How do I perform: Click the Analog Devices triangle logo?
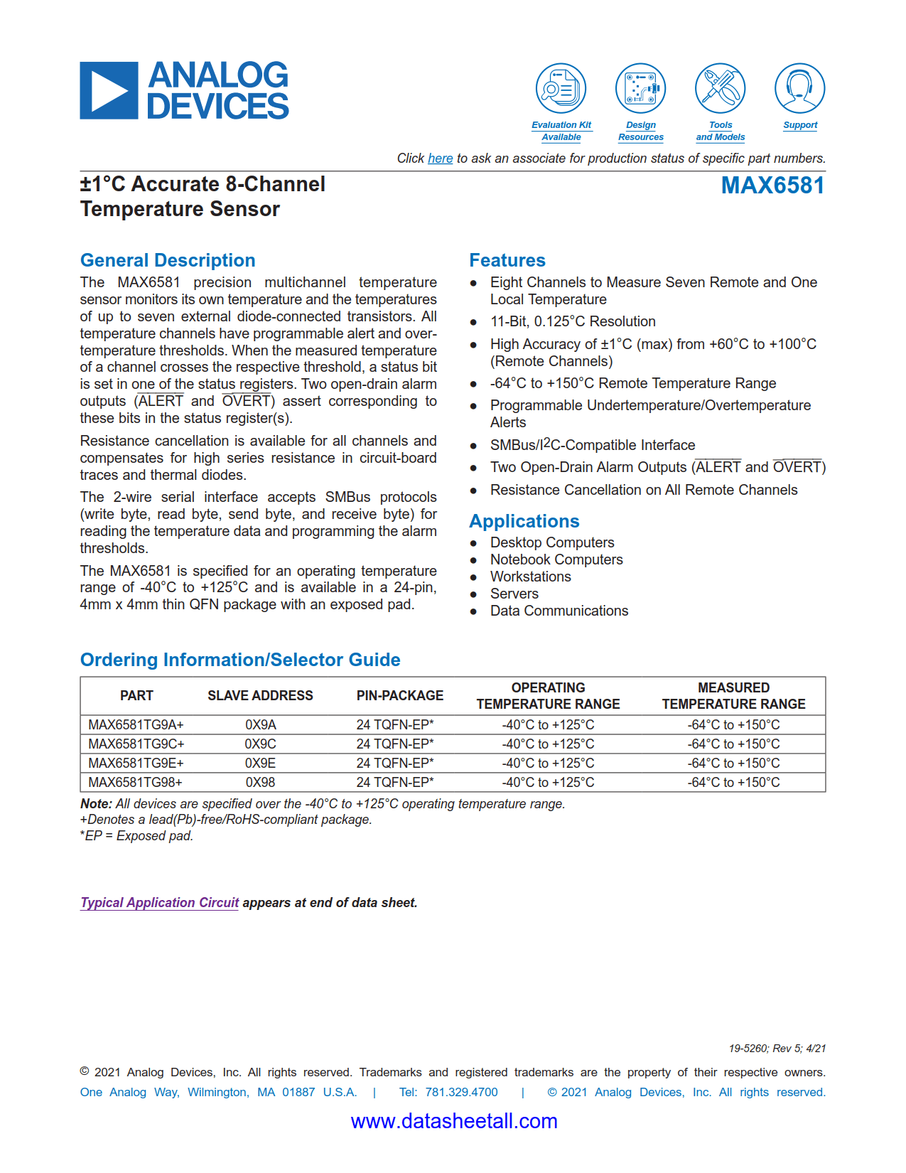[x=109, y=91]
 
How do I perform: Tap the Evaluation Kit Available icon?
[x=561, y=88]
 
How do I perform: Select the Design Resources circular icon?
[x=640, y=88]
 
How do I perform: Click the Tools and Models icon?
[x=720, y=88]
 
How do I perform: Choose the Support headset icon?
[x=799, y=88]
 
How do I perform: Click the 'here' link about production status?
[x=440, y=159]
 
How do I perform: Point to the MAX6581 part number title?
[x=772, y=186]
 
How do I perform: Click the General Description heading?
[x=168, y=260]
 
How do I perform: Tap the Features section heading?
[x=507, y=260]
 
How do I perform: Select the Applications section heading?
[x=524, y=521]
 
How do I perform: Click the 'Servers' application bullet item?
[x=514, y=594]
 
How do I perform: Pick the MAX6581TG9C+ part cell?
[x=136, y=744]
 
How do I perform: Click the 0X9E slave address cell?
[x=260, y=763]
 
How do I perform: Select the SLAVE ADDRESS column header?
[x=260, y=695]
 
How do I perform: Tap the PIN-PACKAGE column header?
[x=399, y=695]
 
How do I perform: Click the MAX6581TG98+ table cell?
[x=135, y=782]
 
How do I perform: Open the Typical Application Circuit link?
[x=159, y=902]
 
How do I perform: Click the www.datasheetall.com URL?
[x=454, y=1121]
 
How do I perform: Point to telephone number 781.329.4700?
[x=461, y=1092]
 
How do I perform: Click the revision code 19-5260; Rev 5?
[x=777, y=1049]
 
